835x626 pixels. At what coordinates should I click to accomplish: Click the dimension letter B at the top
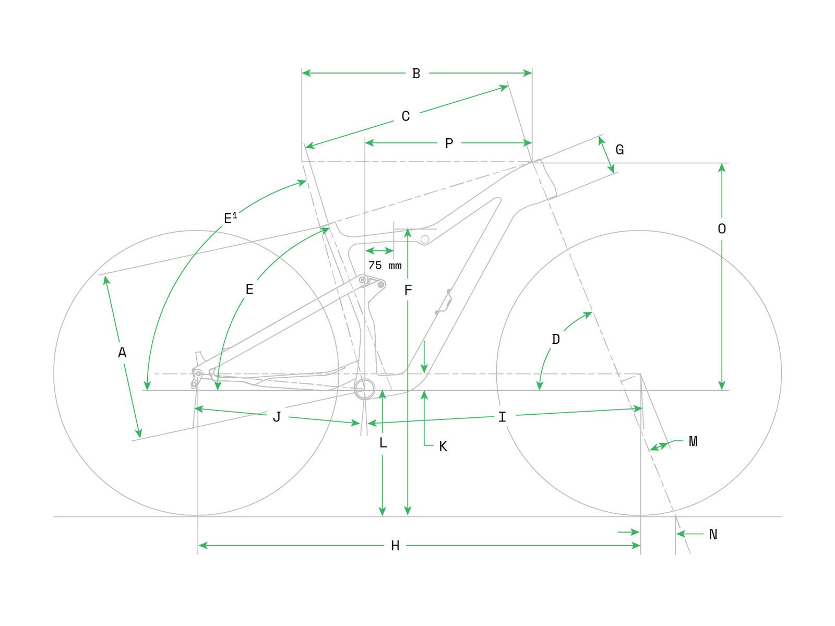click(416, 74)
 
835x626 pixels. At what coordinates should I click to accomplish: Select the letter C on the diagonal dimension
click(405, 116)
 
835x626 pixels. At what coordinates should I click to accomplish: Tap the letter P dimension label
click(449, 143)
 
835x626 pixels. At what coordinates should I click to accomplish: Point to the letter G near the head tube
click(619, 150)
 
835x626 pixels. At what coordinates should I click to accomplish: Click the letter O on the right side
click(722, 228)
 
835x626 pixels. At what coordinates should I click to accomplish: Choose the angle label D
click(556, 339)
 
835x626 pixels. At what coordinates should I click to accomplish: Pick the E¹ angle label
click(230, 218)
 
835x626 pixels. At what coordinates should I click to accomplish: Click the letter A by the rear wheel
click(122, 353)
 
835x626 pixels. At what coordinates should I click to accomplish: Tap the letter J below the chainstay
click(277, 417)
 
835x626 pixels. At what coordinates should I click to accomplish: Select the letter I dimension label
click(502, 417)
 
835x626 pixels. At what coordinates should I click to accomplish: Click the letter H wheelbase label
click(395, 546)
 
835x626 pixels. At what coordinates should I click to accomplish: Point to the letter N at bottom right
click(713, 534)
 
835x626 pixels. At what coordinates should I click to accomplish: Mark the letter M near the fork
click(693, 441)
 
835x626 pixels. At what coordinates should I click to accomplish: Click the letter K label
click(443, 446)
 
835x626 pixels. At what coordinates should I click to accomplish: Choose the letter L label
click(383, 442)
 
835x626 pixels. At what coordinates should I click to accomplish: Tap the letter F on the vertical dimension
click(408, 291)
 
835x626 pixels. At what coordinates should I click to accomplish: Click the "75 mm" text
click(385, 266)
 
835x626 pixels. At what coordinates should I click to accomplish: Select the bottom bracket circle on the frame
click(364, 389)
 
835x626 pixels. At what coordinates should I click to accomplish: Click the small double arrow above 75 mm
click(379, 251)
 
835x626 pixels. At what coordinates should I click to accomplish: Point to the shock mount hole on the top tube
click(425, 239)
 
